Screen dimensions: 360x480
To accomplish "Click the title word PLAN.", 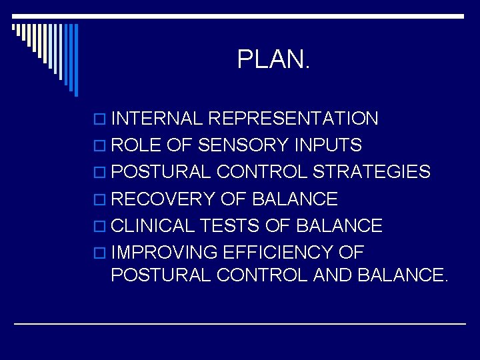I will pyautogui.click(x=273, y=61).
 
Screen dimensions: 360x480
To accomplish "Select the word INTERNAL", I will pyautogui.click(x=157, y=119).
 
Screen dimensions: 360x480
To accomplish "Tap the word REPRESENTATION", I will pyautogui.click(x=293, y=119).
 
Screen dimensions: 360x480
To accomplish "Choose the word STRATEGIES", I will pyautogui.click(x=371, y=172).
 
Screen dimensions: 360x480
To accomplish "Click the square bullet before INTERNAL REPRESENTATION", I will pyautogui.click(x=101, y=120).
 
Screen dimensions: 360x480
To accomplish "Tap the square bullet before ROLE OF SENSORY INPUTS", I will pyautogui.click(x=101, y=146).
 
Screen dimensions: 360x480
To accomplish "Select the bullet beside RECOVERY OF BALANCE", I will pyautogui.click(x=101, y=199).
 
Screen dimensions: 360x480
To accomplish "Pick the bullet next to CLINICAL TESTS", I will pyautogui.click(x=101, y=226).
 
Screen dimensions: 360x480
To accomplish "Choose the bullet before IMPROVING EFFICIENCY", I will pyautogui.click(x=101, y=253).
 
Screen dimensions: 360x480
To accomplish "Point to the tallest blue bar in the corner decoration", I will pyautogui.click(x=75, y=60).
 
